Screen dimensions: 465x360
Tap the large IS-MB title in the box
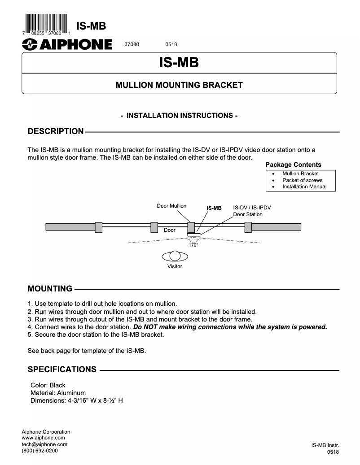coord(179,62)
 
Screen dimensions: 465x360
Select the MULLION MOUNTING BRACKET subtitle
coord(179,85)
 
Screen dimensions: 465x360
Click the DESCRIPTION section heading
coord(56,131)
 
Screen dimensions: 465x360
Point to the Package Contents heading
coord(294,165)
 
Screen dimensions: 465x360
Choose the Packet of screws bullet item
coord(302,180)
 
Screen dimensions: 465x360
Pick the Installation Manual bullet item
coord(304,187)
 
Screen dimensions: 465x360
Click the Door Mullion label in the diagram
coord(171,206)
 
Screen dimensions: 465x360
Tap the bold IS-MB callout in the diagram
coord(214,208)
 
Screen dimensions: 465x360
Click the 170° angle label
coord(193,245)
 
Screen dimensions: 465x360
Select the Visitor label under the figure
coord(175,266)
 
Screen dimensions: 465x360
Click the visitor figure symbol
coord(175,256)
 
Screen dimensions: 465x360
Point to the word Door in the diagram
coord(170,230)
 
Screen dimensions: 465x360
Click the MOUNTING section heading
coord(50,288)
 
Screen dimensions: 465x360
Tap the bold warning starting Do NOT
coord(230,327)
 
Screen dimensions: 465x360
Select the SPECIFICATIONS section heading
coord(62,369)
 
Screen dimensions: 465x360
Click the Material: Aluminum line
coord(58,393)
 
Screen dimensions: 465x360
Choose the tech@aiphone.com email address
coord(44,444)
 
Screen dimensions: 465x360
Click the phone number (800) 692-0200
coord(40,451)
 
